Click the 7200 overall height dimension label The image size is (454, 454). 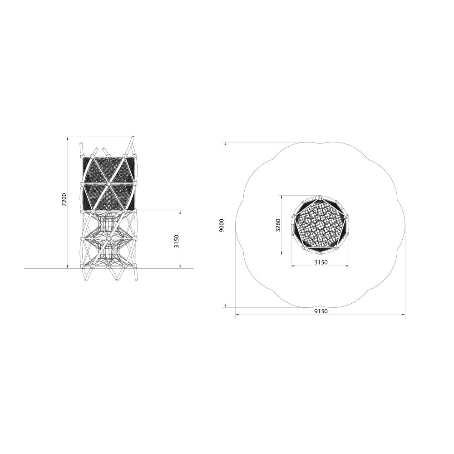coord(64,199)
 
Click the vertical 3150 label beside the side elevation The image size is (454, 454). coord(177,241)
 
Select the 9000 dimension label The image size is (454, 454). coord(222,225)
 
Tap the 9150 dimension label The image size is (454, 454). coord(321,311)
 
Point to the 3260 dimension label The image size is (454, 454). coord(278,225)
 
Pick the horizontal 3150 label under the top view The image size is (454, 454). coord(321,262)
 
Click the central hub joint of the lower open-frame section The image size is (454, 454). coord(108,239)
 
